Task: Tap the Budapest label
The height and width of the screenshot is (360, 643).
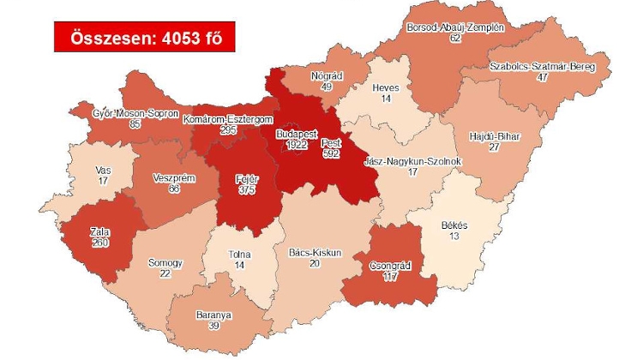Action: pyautogui.click(x=297, y=135)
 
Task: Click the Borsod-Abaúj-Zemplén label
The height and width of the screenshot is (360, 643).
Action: pyautogui.click(x=454, y=27)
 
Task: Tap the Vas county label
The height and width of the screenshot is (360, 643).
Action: pyautogui.click(x=102, y=170)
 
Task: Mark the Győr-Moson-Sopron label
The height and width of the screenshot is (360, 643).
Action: pyautogui.click(x=136, y=113)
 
